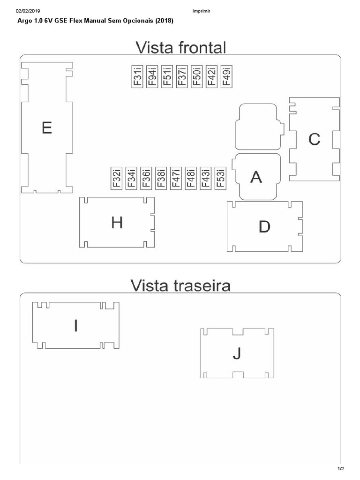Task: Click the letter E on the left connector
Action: [46, 127]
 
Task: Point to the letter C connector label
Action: [314, 139]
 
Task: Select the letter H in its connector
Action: [117, 223]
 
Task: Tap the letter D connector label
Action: [264, 227]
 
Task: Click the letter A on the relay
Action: [256, 177]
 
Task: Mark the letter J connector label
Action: [237, 353]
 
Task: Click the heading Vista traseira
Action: [180, 285]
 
